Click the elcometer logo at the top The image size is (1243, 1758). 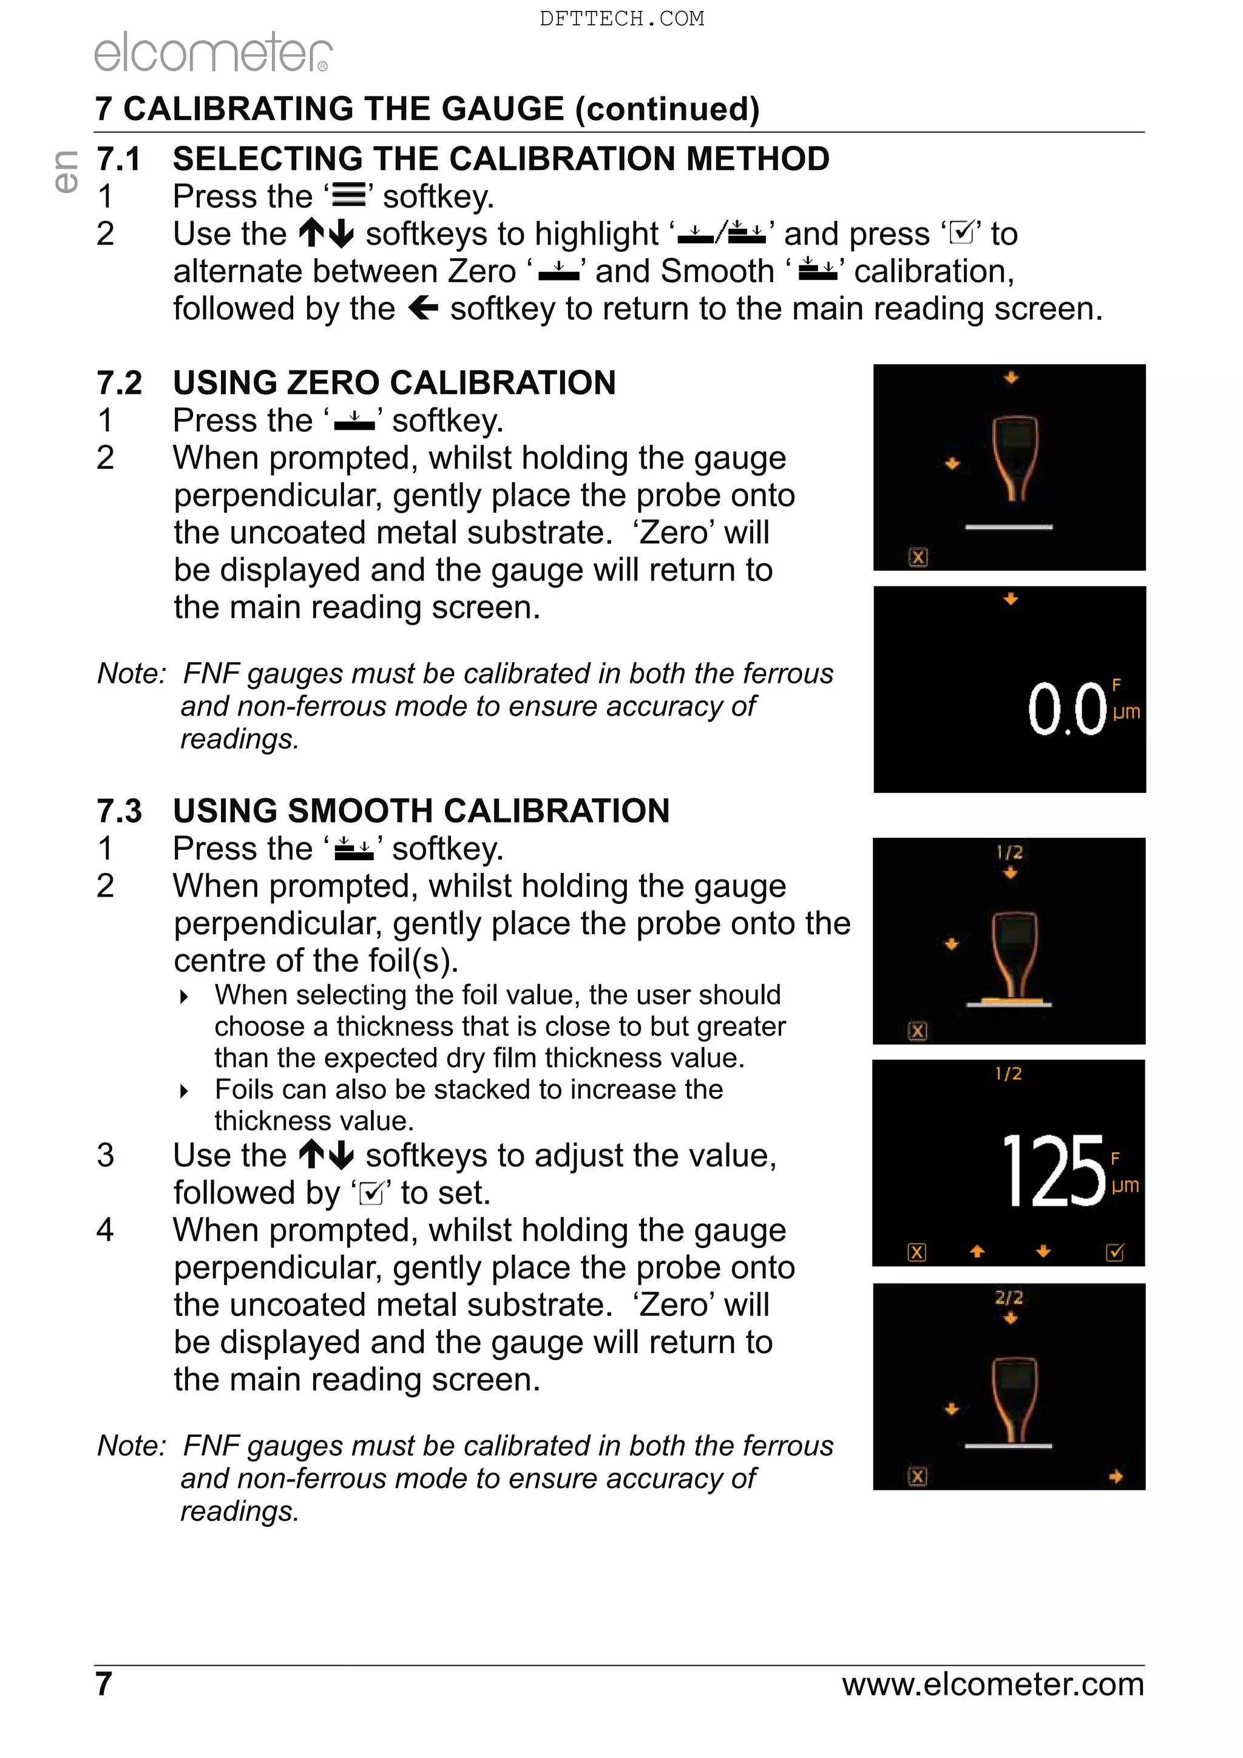pyautogui.click(x=213, y=52)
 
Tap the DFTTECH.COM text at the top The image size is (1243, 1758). pyautogui.click(x=621, y=18)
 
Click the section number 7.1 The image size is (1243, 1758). pyautogui.click(x=118, y=159)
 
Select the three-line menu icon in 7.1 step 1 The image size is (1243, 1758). pyautogui.click(x=348, y=197)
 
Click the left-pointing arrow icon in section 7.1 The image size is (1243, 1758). pyautogui.click(x=423, y=308)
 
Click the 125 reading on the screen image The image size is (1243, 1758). pyautogui.click(x=1053, y=1172)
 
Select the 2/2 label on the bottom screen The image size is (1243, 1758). pyautogui.click(x=1009, y=1298)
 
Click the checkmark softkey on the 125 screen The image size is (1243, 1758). pyautogui.click(x=1115, y=1253)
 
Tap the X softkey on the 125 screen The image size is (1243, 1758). pyautogui.click(x=916, y=1253)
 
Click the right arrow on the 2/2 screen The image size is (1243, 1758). pyautogui.click(x=1116, y=1476)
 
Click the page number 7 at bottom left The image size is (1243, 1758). pyautogui.click(x=104, y=1684)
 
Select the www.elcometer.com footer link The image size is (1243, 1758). pyautogui.click(x=993, y=1684)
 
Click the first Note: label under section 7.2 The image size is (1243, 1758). pyautogui.click(x=131, y=674)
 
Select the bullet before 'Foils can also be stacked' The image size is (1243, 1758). pyautogui.click(x=184, y=1091)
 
